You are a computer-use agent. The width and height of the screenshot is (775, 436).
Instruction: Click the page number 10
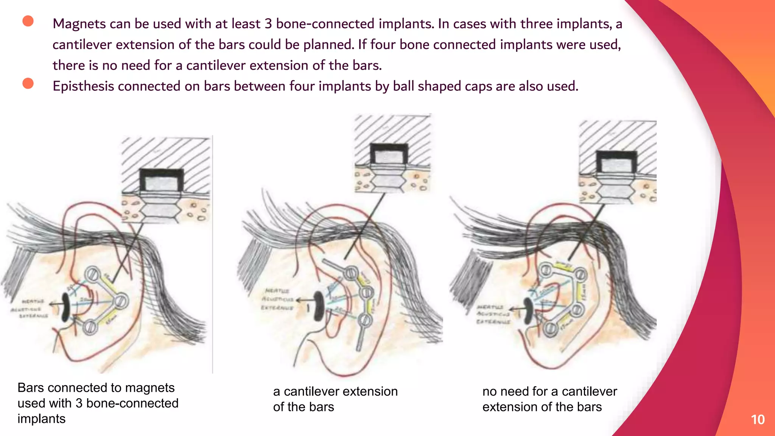(x=758, y=420)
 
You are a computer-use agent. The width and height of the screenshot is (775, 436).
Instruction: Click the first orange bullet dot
(x=28, y=21)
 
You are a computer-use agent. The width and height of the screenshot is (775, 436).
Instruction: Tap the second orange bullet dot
(x=28, y=83)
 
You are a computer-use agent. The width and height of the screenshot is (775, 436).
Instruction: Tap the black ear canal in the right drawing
(x=528, y=310)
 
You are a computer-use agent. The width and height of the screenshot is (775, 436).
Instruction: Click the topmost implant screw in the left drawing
(x=92, y=273)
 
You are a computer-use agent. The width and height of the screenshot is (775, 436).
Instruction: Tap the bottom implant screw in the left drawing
(x=90, y=327)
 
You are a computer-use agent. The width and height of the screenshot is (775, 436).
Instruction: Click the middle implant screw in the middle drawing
(x=366, y=293)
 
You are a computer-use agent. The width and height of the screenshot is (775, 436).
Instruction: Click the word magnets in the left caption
(x=149, y=388)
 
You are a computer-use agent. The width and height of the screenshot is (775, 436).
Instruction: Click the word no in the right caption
(x=489, y=391)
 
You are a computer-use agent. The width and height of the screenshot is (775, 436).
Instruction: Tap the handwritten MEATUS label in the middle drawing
(x=277, y=291)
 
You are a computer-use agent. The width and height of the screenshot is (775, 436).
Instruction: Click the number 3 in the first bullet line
(x=268, y=24)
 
